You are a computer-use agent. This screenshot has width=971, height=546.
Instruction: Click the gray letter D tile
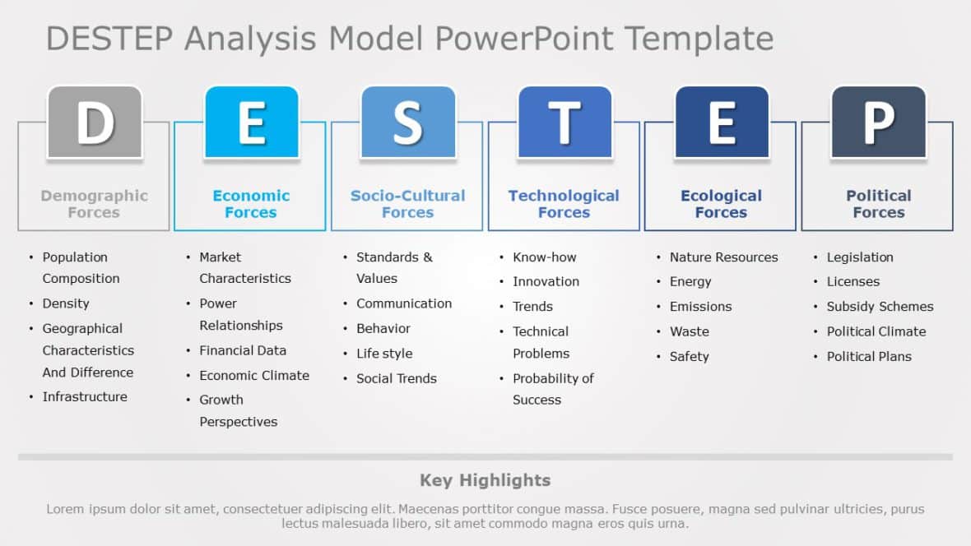point(95,122)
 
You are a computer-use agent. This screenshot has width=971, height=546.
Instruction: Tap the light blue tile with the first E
point(251,122)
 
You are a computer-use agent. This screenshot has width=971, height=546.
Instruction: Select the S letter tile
point(407,122)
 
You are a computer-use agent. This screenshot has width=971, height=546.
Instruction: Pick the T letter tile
point(564,122)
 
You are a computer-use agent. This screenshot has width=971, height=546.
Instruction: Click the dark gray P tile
point(878,122)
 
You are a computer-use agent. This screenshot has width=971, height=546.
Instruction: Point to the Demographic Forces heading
point(94,204)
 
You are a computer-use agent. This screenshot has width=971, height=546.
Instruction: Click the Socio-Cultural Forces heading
point(407,204)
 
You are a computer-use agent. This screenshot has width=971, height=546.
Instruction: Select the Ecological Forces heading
point(721,204)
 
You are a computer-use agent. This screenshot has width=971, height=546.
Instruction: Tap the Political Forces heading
point(878,204)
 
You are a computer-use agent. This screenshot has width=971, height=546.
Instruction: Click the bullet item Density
point(66,303)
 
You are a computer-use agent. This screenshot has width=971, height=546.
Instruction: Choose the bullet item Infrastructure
point(85,396)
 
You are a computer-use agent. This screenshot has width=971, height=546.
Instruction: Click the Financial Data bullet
point(243,350)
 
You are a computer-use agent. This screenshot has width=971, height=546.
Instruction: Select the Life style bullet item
point(384,354)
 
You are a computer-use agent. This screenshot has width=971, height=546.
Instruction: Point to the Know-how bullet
point(544,257)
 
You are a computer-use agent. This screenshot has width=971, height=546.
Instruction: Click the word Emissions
point(700,307)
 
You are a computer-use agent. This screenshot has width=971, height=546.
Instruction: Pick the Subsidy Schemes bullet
point(880,307)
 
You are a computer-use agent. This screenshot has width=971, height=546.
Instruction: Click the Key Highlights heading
point(485,480)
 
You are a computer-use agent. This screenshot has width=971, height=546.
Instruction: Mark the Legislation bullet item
point(859,257)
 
